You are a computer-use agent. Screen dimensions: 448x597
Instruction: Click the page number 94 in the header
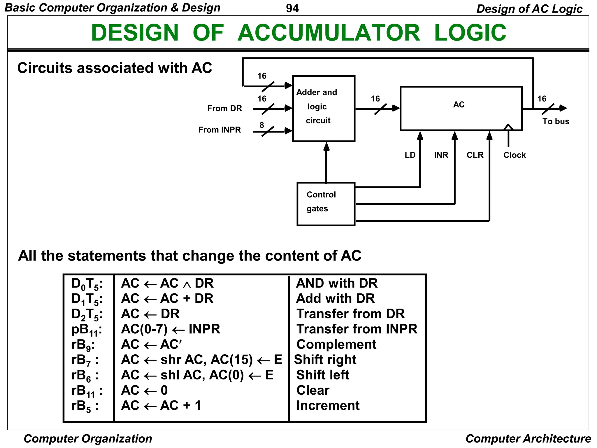pyautogui.click(x=292, y=8)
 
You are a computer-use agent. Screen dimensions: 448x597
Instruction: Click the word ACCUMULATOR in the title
pyautogui.click(x=329, y=33)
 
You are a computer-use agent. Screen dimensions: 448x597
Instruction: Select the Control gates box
pyautogui.click(x=326, y=204)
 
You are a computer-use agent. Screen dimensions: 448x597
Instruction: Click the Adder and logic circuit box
pyautogui.click(x=323, y=108)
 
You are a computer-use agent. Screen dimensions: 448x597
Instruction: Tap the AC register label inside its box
pyautogui.click(x=459, y=105)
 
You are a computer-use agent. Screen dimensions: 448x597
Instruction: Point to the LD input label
pyautogui.click(x=410, y=155)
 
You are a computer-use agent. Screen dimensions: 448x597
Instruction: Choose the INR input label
pyautogui.click(x=441, y=155)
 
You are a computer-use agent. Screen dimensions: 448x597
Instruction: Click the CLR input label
pyautogui.click(x=475, y=155)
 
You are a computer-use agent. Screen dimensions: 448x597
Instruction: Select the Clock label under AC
pyautogui.click(x=514, y=155)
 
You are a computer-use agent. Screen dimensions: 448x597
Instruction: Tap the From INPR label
pyautogui.click(x=220, y=130)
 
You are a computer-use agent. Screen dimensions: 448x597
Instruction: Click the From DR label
pyautogui.click(x=224, y=108)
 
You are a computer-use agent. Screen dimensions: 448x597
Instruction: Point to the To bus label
pyautogui.click(x=555, y=121)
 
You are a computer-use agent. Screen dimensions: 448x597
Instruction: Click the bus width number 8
pyautogui.click(x=261, y=125)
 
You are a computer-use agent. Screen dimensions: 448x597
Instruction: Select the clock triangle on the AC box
pyautogui.click(x=508, y=127)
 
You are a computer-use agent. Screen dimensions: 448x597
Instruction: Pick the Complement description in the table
pyautogui.click(x=336, y=344)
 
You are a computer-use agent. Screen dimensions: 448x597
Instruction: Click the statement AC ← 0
pyautogui.click(x=144, y=390)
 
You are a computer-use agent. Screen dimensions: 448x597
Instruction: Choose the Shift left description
pyautogui.click(x=322, y=375)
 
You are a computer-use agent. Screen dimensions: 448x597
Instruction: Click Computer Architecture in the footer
pyautogui.click(x=528, y=439)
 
